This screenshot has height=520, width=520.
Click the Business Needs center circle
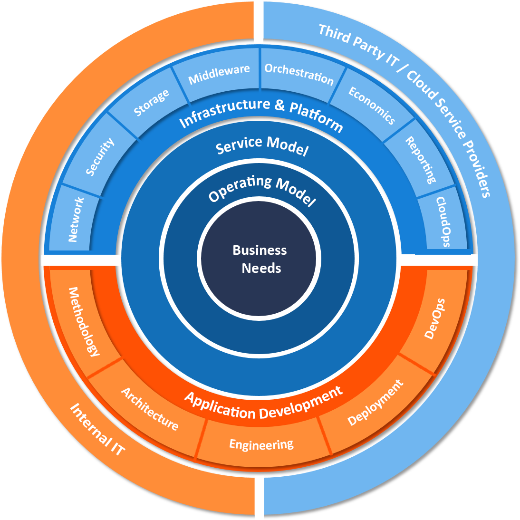pyautogui.click(x=260, y=259)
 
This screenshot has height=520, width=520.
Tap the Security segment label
pyautogui.click(x=100, y=157)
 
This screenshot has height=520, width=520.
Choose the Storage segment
pyautogui.click(x=151, y=102)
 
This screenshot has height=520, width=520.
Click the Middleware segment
pyautogui.click(x=219, y=75)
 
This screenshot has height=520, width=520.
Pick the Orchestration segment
pyautogui.click(x=299, y=75)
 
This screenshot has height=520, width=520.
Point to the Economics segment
pyautogui.click(x=371, y=105)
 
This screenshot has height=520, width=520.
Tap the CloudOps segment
pyautogui.click(x=443, y=221)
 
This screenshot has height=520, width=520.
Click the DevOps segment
pyautogui.click(x=434, y=318)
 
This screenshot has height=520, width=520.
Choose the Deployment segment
pyautogui.click(x=375, y=403)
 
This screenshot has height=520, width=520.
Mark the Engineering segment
pyautogui.click(x=261, y=445)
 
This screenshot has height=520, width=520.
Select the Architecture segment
pyautogui.click(x=150, y=409)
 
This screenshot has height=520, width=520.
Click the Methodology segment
pyautogui.click(x=85, y=321)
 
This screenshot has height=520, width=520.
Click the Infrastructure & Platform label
pyautogui.click(x=261, y=114)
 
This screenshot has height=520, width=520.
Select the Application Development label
pyautogui.click(x=263, y=405)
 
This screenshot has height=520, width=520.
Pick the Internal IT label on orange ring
pyautogui.click(x=97, y=429)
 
